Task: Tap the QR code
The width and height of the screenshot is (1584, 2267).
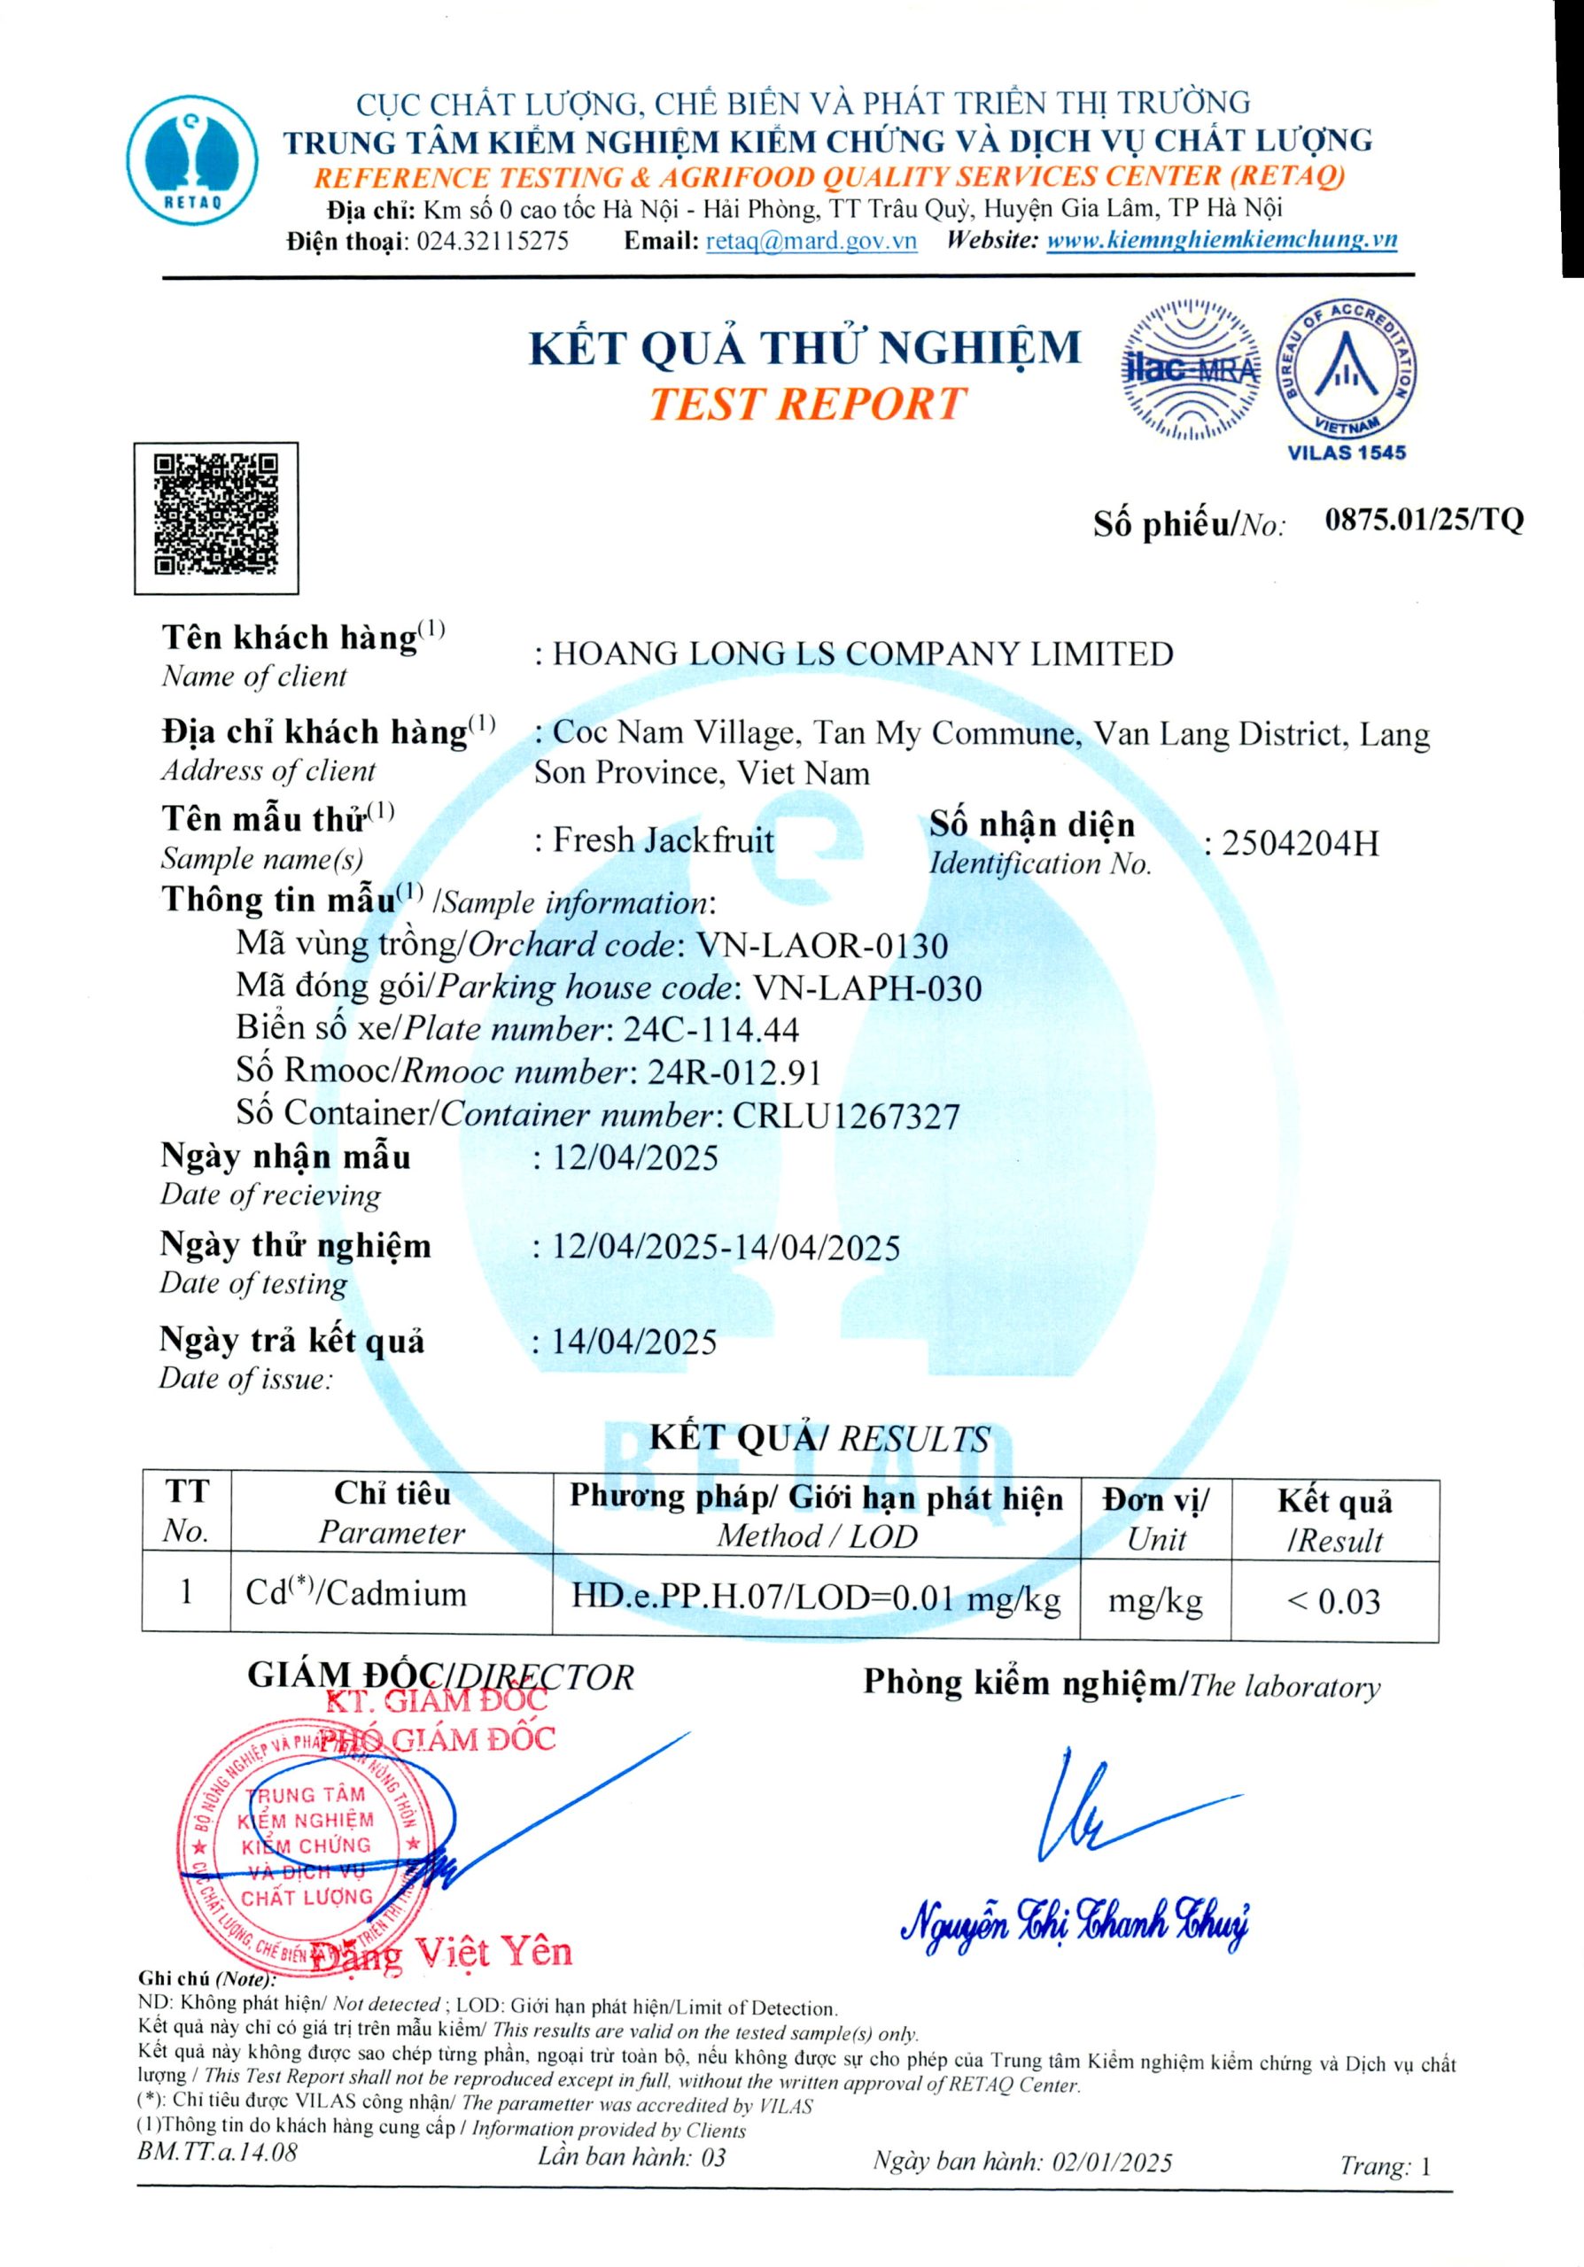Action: [x=216, y=517]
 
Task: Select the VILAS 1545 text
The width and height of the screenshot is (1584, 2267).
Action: [x=1347, y=453]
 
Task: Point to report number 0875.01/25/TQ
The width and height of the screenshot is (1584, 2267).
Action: [x=1424, y=521]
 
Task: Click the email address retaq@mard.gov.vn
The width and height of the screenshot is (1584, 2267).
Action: [x=811, y=241]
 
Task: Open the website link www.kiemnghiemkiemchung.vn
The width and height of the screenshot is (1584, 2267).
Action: [x=1222, y=240]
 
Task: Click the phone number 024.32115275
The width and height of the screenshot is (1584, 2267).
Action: [x=493, y=241]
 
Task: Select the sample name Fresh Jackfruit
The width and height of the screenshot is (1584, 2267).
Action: [x=663, y=840]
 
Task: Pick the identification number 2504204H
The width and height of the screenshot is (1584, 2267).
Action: [x=1300, y=844]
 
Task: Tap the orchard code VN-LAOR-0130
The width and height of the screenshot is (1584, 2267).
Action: [x=821, y=946]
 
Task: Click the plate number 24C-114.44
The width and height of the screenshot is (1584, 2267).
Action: [x=711, y=1030]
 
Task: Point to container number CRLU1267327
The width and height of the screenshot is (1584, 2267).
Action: [x=845, y=1116]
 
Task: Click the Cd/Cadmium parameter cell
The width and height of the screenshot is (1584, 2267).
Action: [x=356, y=1594]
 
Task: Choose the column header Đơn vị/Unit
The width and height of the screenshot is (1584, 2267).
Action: [x=1155, y=1519]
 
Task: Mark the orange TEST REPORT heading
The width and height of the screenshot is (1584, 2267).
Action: [x=806, y=404]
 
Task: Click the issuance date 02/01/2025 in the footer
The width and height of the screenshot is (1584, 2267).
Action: [x=1112, y=2163]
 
